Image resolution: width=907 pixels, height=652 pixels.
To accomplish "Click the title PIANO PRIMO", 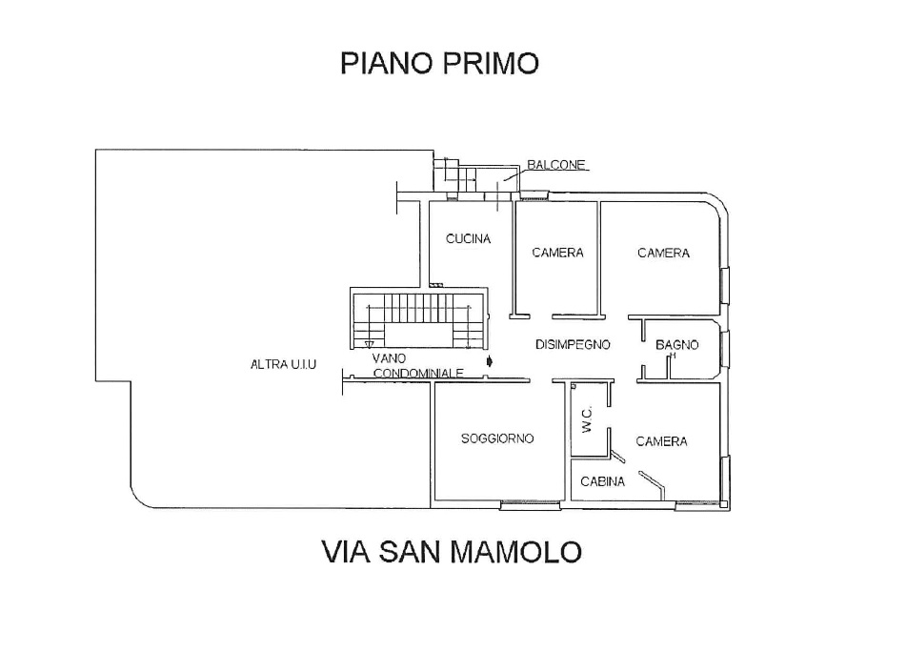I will (x=439, y=63).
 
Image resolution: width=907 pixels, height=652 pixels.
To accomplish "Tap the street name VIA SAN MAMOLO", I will (x=452, y=551).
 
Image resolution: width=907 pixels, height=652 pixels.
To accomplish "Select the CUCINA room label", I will (x=468, y=239).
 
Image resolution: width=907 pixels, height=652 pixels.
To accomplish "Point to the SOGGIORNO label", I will (x=497, y=438).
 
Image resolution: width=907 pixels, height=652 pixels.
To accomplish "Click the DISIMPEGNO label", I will (x=572, y=345).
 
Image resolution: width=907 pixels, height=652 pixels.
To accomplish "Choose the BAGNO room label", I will (x=677, y=345).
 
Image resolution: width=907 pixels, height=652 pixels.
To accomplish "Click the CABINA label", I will (x=603, y=481).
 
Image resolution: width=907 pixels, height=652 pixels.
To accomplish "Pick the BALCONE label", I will (x=555, y=164).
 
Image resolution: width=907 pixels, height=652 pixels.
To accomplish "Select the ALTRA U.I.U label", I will (x=282, y=364).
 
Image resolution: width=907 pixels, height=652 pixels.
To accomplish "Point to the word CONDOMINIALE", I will (x=418, y=374).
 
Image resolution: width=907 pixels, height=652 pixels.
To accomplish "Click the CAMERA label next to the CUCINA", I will (x=557, y=253).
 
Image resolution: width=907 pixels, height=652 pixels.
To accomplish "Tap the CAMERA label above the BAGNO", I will (x=663, y=253).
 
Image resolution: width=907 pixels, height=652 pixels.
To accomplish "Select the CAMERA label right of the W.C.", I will (x=661, y=441).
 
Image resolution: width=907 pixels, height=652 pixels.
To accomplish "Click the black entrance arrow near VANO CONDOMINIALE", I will (x=490, y=361).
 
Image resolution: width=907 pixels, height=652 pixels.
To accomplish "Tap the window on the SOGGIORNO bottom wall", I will (x=525, y=502).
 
